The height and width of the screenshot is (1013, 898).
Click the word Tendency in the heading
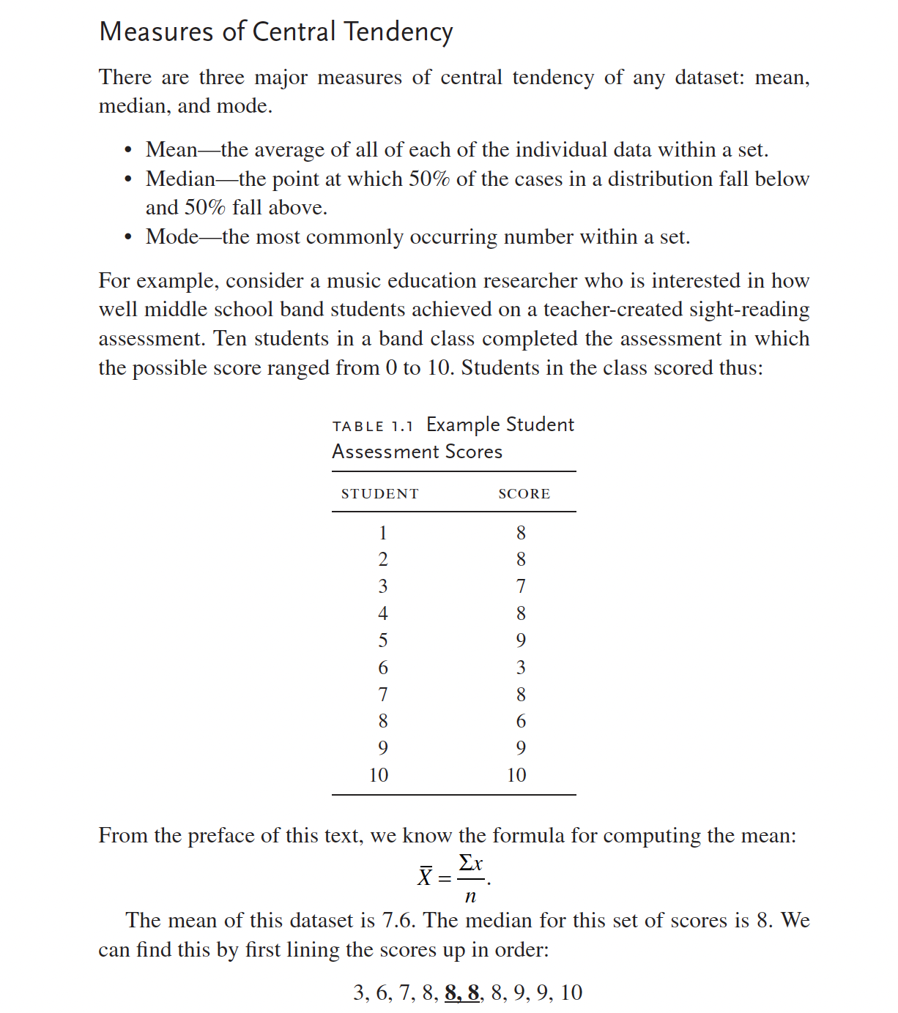click(x=398, y=32)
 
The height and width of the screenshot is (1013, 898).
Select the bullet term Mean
click(x=171, y=150)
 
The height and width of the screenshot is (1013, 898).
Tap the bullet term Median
click(x=180, y=179)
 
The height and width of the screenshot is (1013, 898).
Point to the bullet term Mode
click(x=172, y=237)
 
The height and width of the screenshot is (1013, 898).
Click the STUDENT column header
click(x=379, y=494)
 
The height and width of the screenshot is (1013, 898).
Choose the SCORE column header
click(x=524, y=494)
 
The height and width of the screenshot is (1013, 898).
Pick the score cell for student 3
click(x=521, y=587)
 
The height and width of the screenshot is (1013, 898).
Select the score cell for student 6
click(x=521, y=668)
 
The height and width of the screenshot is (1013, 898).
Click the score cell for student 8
click(x=521, y=722)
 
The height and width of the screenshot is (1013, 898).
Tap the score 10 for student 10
click(x=516, y=775)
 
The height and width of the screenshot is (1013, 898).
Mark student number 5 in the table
click(x=382, y=640)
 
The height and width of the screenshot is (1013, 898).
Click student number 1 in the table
click(x=382, y=533)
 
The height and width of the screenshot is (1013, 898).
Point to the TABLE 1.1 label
click(x=373, y=427)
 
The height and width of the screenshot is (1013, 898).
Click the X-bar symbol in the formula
click(x=425, y=876)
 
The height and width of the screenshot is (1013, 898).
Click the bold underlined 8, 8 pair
click(x=462, y=993)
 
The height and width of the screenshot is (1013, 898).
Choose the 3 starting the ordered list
click(x=359, y=993)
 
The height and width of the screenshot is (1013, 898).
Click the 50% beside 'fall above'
click(x=204, y=208)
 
